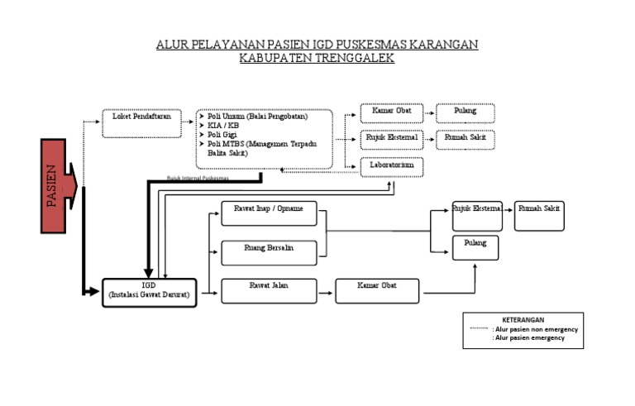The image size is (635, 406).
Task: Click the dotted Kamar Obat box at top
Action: [392, 112]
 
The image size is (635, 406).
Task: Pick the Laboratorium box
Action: [392, 166]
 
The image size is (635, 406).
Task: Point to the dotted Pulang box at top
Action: [466, 112]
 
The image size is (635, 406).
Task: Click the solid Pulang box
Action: [475, 247]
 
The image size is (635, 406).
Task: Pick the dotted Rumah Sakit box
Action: [466, 139]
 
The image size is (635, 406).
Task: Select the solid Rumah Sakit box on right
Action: [539, 214]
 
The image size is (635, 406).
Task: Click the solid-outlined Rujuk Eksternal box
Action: [476, 214]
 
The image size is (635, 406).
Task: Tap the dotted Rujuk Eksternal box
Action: [392, 139]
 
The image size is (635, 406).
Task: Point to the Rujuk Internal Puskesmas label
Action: [198, 178]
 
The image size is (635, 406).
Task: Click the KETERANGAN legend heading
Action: [523, 319]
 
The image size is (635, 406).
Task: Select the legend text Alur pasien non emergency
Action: [535, 328]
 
